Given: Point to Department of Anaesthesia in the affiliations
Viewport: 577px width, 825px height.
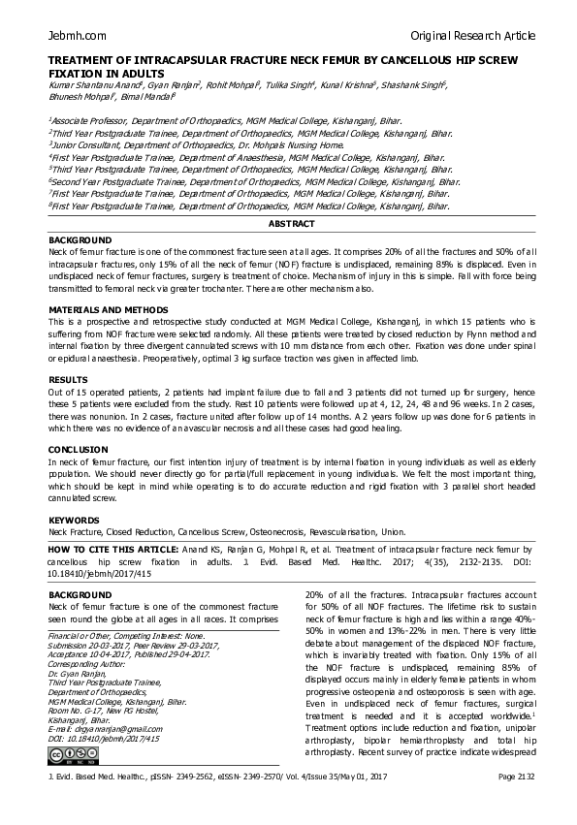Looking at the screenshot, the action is pos(245,156).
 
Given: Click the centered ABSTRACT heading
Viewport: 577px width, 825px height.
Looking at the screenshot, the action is pos(291,223).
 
